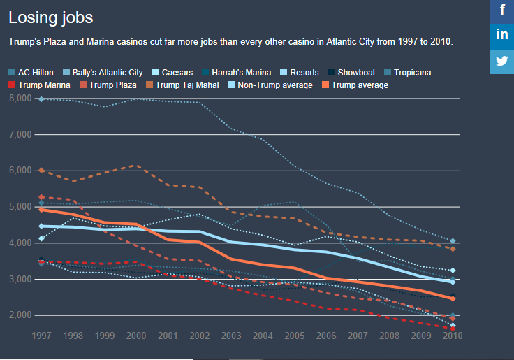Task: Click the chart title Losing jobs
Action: [x=50, y=17]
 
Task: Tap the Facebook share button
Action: [x=502, y=11]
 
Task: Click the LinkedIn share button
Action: [x=502, y=36]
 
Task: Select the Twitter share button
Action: [x=502, y=60]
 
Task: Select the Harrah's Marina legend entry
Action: [x=235, y=73]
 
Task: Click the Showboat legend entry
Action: [x=351, y=73]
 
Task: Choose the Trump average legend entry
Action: [x=355, y=85]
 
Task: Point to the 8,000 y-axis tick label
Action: [x=20, y=99]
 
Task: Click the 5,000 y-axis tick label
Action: [x=20, y=207]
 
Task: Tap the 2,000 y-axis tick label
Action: [x=20, y=315]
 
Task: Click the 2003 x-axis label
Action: [x=232, y=336]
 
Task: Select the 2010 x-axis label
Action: [x=452, y=336]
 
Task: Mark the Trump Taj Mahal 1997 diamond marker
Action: [x=42, y=171]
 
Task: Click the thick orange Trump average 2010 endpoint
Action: [x=453, y=298]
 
